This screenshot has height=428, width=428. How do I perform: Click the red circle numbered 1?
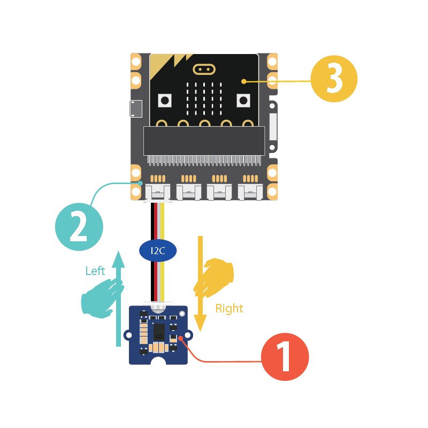coord(285,357)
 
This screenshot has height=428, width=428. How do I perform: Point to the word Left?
coord(95,271)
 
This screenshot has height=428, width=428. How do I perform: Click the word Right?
coord(229,308)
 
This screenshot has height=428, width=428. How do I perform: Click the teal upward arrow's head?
coord(119,258)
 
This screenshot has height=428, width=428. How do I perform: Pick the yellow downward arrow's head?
coord(200,323)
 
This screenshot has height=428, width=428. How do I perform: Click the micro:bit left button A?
coord(165,100)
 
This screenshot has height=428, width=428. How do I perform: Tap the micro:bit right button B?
coord(244,100)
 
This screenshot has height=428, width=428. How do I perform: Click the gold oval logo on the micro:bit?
coord(203,69)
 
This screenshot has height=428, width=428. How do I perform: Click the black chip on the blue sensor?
coord(158,332)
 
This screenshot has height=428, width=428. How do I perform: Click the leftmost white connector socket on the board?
coord(158,192)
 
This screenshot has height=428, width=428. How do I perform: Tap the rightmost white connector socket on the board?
coord(250,192)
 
